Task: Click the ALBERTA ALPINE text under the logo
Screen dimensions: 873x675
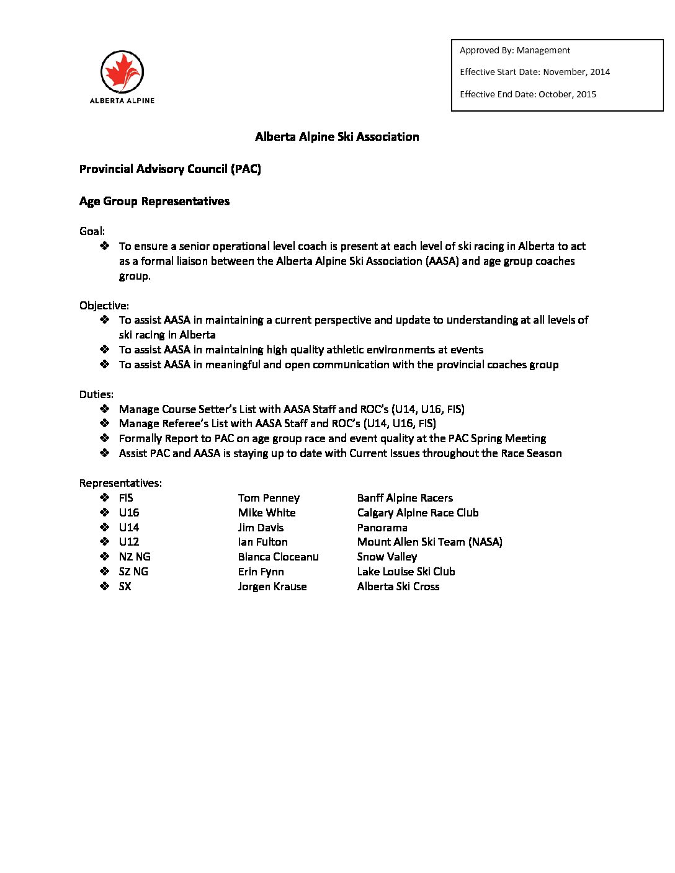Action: coord(122,100)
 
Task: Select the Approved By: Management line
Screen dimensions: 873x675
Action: coord(514,50)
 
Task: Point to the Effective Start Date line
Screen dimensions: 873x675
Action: coord(534,72)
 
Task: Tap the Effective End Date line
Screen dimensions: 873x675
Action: coord(527,94)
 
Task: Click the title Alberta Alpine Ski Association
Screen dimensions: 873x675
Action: coord(337,137)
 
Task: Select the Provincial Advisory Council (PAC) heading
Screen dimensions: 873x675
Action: coord(170,169)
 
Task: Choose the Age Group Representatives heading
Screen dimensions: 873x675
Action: coord(154,202)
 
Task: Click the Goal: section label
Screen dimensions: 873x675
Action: coord(92,231)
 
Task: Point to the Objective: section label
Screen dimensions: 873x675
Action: coord(104,306)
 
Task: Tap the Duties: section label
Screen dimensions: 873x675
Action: coord(96,394)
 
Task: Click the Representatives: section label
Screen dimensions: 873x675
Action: coord(120,483)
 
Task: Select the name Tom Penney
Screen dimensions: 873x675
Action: coord(269,498)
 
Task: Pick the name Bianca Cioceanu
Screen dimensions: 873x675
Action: coord(278,557)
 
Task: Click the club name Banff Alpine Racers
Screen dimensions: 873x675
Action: coord(405,498)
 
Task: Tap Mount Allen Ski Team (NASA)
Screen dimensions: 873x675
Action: coord(429,542)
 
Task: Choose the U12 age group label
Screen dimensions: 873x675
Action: coord(129,542)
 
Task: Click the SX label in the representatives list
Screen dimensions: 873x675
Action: coord(125,587)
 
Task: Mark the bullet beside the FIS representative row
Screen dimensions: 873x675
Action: coord(104,497)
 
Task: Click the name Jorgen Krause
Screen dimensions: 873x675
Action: coord(272,587)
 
